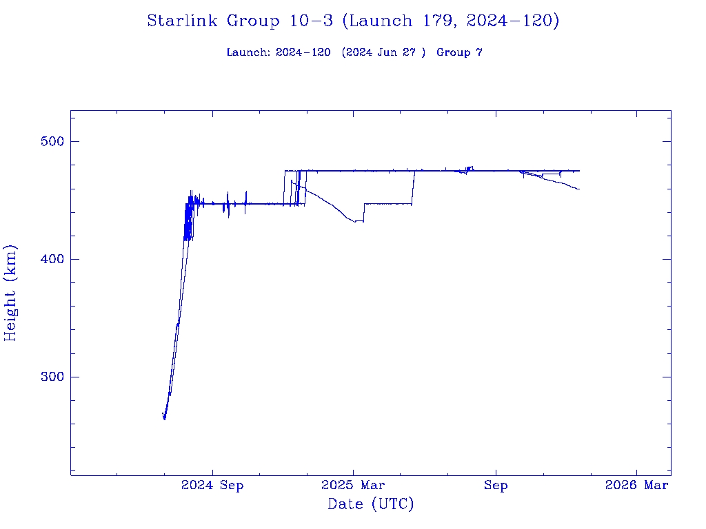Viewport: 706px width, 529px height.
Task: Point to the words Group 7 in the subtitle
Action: (x=459, y=52)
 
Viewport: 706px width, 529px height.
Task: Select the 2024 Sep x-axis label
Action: (x=212, y=486)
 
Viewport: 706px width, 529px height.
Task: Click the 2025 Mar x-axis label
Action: (x=353, y=486)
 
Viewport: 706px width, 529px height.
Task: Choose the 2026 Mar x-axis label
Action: (x=636, y=486)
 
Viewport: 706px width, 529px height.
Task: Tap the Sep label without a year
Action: (x=495, y=486)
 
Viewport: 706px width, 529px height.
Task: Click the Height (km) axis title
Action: (x=11, y=293)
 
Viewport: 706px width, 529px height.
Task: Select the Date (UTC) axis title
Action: (x=371, y=505)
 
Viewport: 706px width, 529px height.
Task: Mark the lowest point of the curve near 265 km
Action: (x=164, y=418)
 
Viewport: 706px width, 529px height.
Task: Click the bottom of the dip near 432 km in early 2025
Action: (x=356, y=222)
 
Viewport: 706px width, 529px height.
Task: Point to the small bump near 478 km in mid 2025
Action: (x=470, y=167)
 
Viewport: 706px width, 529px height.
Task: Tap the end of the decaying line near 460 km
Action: (x=579, y=189)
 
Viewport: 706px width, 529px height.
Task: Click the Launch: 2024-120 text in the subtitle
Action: (x=279, y=52)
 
